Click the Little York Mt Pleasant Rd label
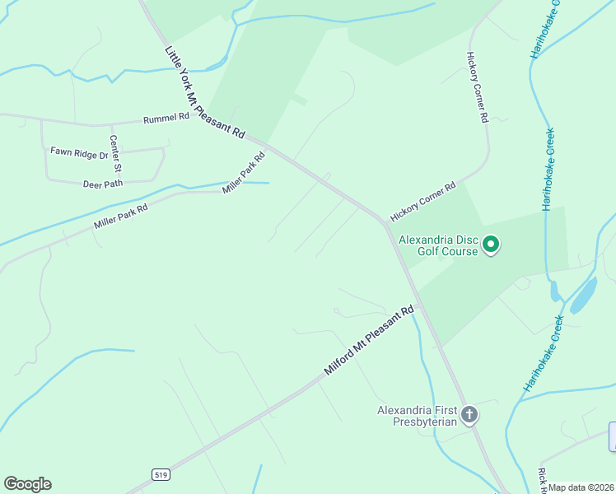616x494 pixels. tap(205, 91)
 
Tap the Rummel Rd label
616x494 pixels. tap(166, 117)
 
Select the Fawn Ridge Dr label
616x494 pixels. tap(79, 152)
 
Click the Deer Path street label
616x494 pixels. tap(103, 184)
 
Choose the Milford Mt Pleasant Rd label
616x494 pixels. tap(367, 342)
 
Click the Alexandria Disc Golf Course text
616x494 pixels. tap(437, 245)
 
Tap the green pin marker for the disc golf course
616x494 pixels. tap(491, 245)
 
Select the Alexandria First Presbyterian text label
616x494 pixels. tap(417, 416)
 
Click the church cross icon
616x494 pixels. tap(469, 414)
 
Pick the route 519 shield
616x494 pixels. tap(160, 474)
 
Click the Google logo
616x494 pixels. tap(27, 484)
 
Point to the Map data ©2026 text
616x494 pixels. tap(581, 487)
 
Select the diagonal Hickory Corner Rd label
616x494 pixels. tap(422, 203)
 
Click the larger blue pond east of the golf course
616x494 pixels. tap(584, 295)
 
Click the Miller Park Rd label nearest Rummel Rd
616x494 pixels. tap(244, 173)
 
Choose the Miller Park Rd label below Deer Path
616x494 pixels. tap(120, 217)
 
